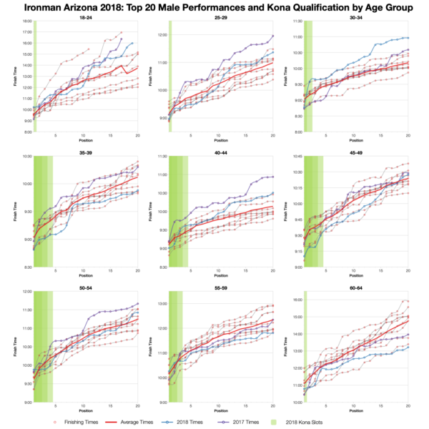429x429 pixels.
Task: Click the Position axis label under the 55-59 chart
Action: click(220, 411)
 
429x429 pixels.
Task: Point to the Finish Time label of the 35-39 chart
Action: click(16, 212)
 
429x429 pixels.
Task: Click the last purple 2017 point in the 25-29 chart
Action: click(272, 36)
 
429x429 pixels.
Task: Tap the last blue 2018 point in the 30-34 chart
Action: click(408, 37)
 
